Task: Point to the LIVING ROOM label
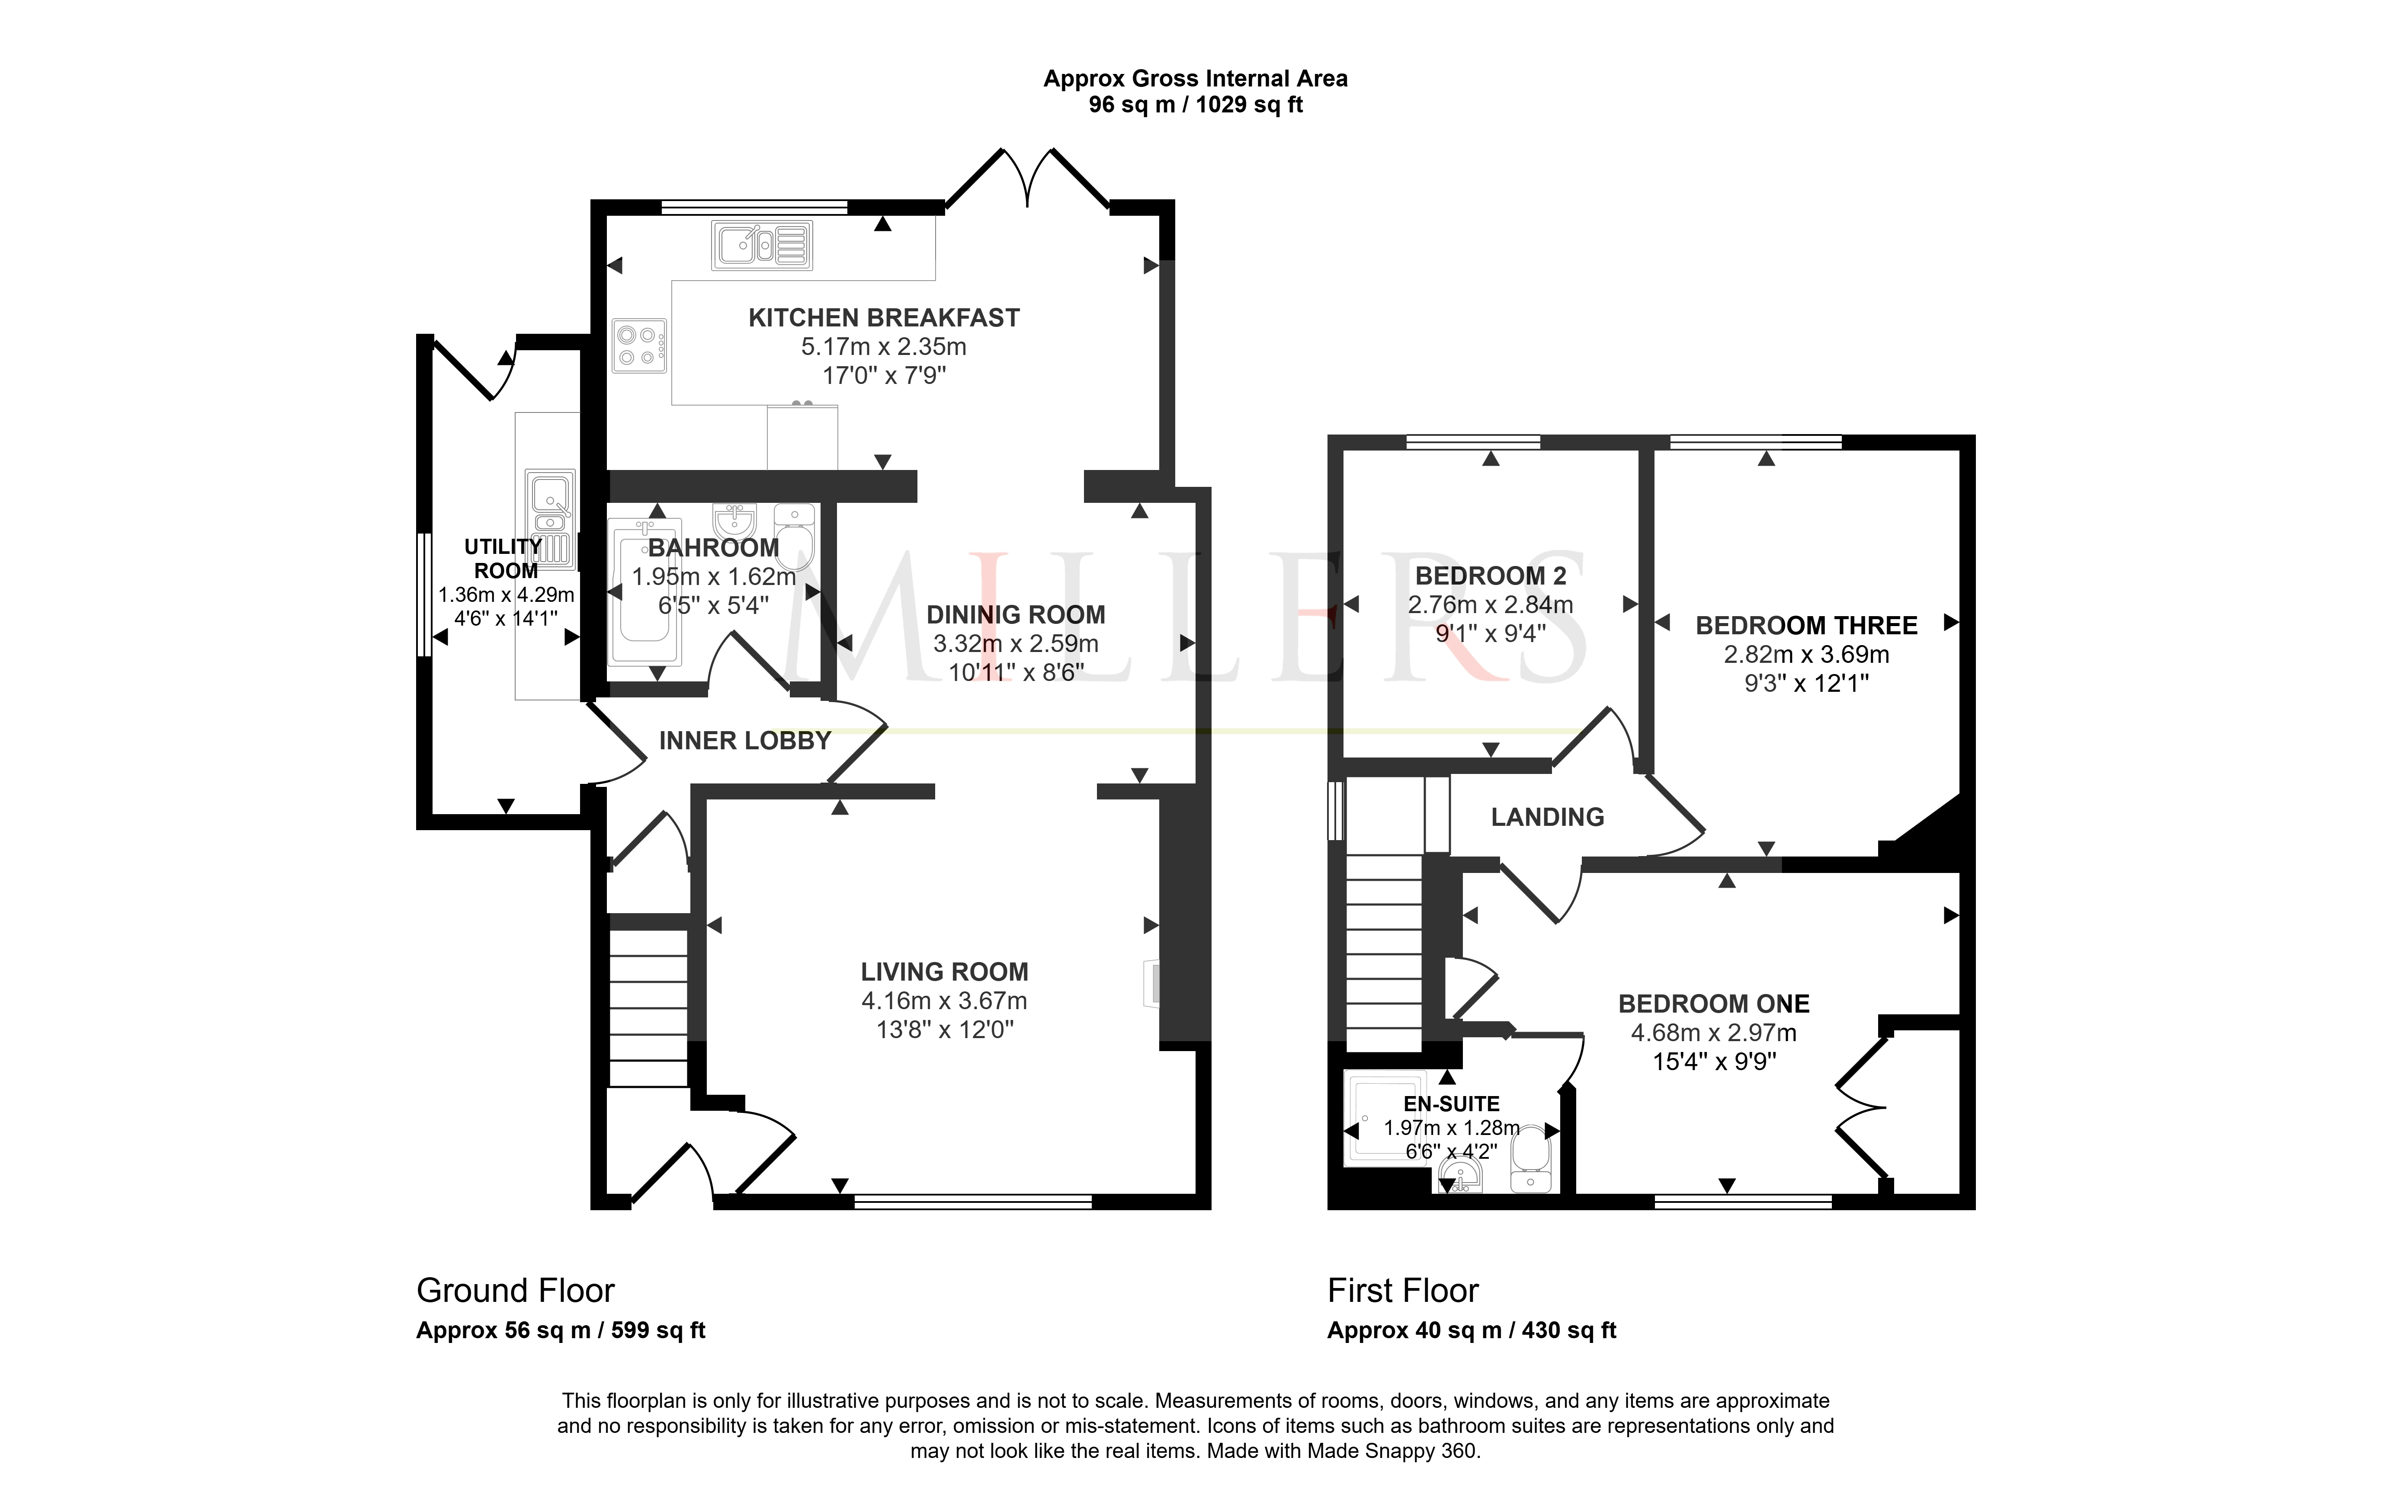(944, 972)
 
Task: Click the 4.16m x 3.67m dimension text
(944, 1001)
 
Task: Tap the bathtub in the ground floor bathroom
(645, 591)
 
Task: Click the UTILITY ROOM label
(505, 558)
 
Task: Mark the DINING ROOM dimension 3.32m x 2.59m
(1015, 643)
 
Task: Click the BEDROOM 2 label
(1491, 576)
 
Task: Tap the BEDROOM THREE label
(1806, 625)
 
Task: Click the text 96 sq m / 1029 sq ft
(1196, 105)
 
